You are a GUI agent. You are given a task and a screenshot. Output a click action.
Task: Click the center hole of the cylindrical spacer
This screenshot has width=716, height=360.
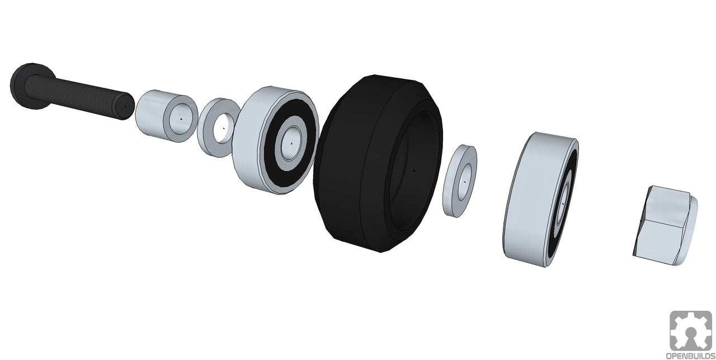(181, 119)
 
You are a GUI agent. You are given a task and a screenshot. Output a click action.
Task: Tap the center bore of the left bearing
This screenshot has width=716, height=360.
(291, 143)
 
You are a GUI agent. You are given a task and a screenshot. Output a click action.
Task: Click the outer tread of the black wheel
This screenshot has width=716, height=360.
(341, 168)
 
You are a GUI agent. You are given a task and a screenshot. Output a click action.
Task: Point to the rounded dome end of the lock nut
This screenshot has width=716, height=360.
(691, 229)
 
